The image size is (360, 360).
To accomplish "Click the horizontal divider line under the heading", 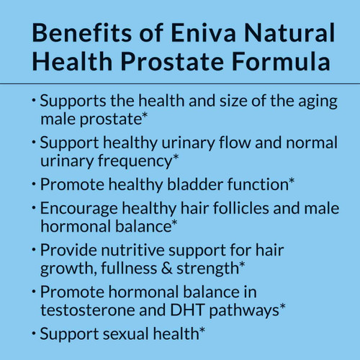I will point(180,84).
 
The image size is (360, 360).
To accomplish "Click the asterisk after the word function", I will point(291,180).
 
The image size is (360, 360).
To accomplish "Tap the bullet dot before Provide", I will point(33,249).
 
